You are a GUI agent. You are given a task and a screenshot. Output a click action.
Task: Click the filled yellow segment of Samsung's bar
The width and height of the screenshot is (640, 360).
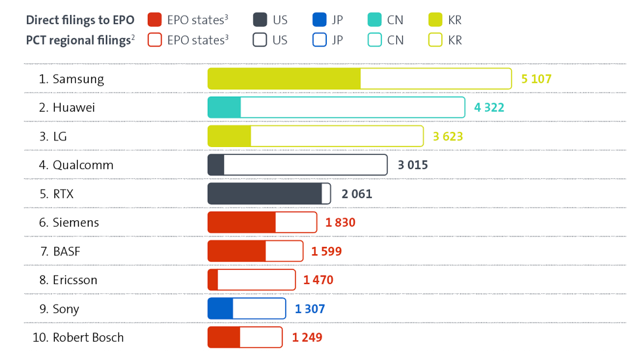click(284, 79)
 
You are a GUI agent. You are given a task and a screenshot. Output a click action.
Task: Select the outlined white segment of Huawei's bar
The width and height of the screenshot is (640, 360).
click(352, 108)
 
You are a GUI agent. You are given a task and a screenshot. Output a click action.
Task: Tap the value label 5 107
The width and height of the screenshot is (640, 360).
click(536, 79)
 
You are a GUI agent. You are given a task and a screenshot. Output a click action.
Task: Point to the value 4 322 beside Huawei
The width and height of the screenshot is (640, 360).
click(489, 108)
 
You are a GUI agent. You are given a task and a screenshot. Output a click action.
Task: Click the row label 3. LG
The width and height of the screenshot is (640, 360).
click(52, 137)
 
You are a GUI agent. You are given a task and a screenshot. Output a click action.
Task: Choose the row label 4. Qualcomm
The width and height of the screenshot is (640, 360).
click(76, 165)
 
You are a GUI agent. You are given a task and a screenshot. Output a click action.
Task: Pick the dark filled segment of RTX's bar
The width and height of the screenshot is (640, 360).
click(265, 194)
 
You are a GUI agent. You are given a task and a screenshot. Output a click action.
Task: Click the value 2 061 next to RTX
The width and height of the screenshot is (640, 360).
click(356, 194)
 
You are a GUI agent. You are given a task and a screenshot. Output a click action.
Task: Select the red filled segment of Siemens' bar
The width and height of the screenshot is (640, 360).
click(241, 223)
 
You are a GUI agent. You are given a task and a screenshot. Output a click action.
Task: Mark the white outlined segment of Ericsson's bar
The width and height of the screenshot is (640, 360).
click(256, 280)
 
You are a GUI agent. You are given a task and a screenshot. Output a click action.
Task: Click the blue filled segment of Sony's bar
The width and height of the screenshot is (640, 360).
click(220, 309)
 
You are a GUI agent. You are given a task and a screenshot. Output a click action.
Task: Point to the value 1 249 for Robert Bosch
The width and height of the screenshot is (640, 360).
click(307, 338)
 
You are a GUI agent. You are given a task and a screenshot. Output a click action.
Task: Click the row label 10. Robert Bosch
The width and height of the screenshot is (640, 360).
click(78, 338)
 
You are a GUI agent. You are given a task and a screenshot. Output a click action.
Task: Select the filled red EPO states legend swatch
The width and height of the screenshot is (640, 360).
click(155, 20)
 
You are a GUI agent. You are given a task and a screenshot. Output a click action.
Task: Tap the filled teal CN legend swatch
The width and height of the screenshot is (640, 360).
click(376, 20)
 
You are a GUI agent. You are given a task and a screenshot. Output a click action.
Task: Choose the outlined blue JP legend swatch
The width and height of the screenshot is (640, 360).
click(320, 40)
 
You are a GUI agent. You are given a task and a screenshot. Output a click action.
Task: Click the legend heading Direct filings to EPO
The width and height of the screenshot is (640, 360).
click(80, 20)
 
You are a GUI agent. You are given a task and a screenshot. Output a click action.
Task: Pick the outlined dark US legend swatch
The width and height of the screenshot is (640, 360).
click(260, 40)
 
